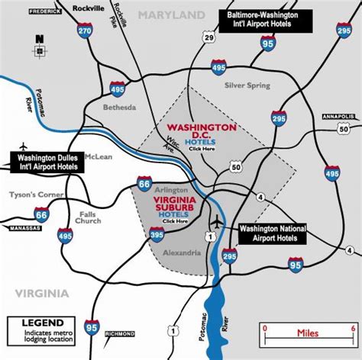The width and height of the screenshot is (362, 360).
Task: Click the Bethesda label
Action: (x=119, y=108)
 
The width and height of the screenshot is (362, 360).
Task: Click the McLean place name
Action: (x=99, y=157)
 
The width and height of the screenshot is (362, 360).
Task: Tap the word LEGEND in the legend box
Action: (x=42, y=322)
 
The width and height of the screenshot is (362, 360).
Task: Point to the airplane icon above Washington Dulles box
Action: (x=25, y=145)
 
